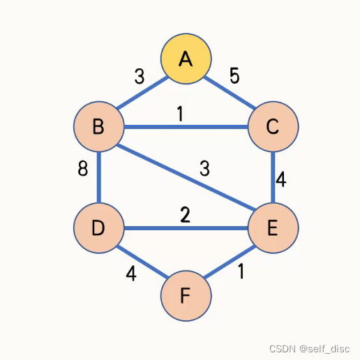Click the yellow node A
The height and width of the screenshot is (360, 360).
(x=186, y=59)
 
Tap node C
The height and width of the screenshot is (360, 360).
(x=273, y=127)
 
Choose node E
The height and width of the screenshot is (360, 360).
(x=273, y=227)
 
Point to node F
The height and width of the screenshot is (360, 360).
(x=186, y=296)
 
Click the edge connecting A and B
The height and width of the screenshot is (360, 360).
(x=142, y=93)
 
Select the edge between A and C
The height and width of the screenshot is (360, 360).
(x=230, y=93)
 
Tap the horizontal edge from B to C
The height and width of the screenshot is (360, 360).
(x=186, y=128)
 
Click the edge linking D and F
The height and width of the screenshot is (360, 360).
(x=142, y=262)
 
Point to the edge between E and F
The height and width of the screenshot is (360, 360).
(x=230, y=262)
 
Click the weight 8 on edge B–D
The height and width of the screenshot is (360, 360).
(x=83, y=169)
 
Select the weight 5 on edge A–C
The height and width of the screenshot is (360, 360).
(x=234, y=75)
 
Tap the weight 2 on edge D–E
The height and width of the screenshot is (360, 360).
(x=185, y=215)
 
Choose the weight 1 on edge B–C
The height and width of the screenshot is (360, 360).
(x=180, y=114)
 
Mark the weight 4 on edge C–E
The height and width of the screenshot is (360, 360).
(x=280, y=179)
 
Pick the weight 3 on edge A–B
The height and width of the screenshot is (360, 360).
(x=140, y=76)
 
